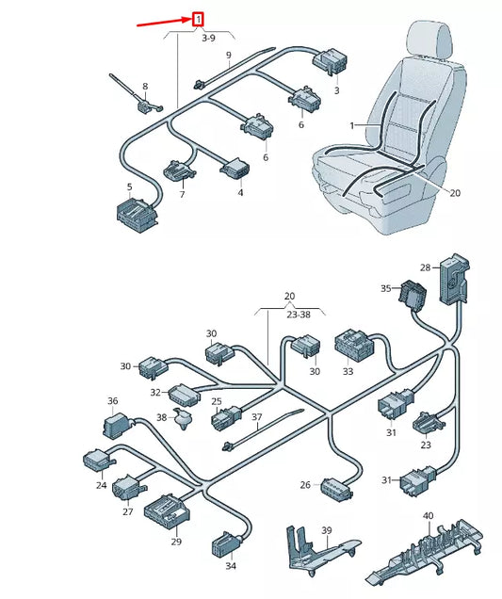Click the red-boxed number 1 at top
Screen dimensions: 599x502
point(198,18)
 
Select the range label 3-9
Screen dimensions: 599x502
point(208,40)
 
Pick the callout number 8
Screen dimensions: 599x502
point(144,87)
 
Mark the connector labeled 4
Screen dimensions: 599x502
point(232,170)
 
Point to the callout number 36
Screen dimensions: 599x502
point(113,401)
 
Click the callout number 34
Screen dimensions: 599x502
point(230,567)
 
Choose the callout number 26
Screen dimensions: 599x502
point(305,485)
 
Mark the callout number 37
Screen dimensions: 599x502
point(255,418)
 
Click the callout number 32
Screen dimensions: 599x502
point(155,392)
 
